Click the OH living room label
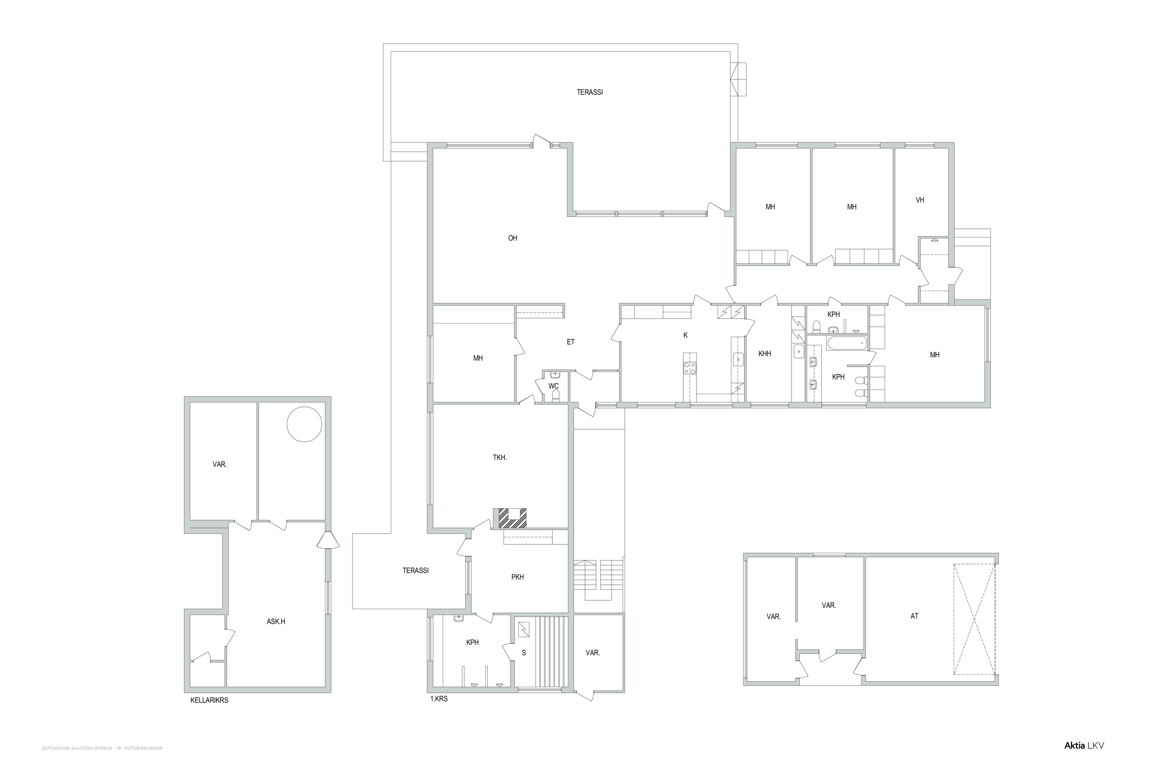tap(513, 238)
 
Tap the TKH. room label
tap(500, 458)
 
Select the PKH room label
tap(518, 577)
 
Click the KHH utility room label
tap(765, 354)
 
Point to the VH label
tap(920, 200)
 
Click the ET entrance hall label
tap(571, 342)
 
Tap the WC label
tap(553, 386)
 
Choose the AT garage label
tap(915, 616)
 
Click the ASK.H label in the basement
tap(276, 622)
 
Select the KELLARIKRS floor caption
tap(210, 700)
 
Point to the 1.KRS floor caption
tap(439, 699)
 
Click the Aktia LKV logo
tap(1084, 759)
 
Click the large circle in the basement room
tap(304, 424)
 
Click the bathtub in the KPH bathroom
tap(847, 343)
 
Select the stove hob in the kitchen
tap(689, 368)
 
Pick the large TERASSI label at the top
tap(589, 92)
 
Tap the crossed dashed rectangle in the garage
tap(974, 619)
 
